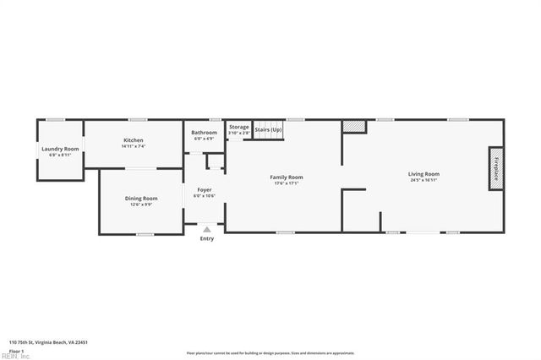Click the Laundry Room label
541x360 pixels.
[60, 149]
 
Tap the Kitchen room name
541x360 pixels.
[134, 139]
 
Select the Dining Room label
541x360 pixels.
[143, 198]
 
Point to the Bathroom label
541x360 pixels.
[204, 132]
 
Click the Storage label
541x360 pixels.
[239, 127]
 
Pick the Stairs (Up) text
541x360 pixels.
[268, 129]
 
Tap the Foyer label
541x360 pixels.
[205, 189]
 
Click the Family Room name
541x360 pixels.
[286, 177]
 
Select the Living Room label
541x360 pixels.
[424, 174]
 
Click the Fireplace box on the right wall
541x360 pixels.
[496, 166]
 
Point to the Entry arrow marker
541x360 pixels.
[206, 228]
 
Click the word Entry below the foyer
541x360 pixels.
[206, 238]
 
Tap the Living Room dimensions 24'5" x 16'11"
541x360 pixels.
[424, 180]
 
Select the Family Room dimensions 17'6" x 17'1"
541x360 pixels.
[286, 183]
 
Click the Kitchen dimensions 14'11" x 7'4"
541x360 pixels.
[134, 146]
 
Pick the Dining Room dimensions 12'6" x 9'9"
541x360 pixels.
[143, 204]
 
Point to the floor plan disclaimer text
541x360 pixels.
[270, 353]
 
